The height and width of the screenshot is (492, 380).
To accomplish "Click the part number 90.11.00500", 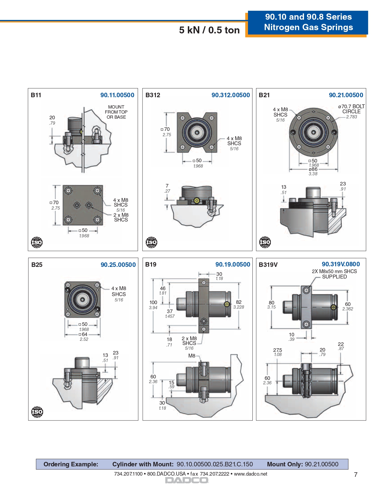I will point(117,95).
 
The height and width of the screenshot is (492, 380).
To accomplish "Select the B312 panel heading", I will point(153,95).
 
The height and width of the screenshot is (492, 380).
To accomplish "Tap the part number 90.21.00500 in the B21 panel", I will point(346,95).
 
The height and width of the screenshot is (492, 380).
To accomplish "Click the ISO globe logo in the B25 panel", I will point(37,412).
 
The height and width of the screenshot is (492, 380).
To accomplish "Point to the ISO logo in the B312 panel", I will point(151,242).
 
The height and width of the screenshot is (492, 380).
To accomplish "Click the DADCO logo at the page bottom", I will point(187,480).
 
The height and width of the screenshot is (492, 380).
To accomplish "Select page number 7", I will point(356,475).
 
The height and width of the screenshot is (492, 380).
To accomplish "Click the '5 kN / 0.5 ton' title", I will point(209,30).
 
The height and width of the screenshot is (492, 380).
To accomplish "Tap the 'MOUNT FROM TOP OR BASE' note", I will point(116,112).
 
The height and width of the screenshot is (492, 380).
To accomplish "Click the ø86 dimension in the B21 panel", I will point(313,169).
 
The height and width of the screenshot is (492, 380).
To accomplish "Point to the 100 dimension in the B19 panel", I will point(153,302).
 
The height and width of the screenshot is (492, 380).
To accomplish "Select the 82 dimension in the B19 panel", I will point(239,302).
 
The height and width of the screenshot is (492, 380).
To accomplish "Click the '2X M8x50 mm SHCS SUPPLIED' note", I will point(334,274).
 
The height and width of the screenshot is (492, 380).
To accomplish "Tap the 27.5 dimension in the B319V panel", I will point(277,350).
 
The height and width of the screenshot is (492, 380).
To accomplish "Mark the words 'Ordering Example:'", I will point(71,464).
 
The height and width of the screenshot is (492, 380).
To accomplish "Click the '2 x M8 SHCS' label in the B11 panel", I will point(121,217).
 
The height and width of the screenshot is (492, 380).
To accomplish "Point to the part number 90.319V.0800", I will point(341,264).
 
